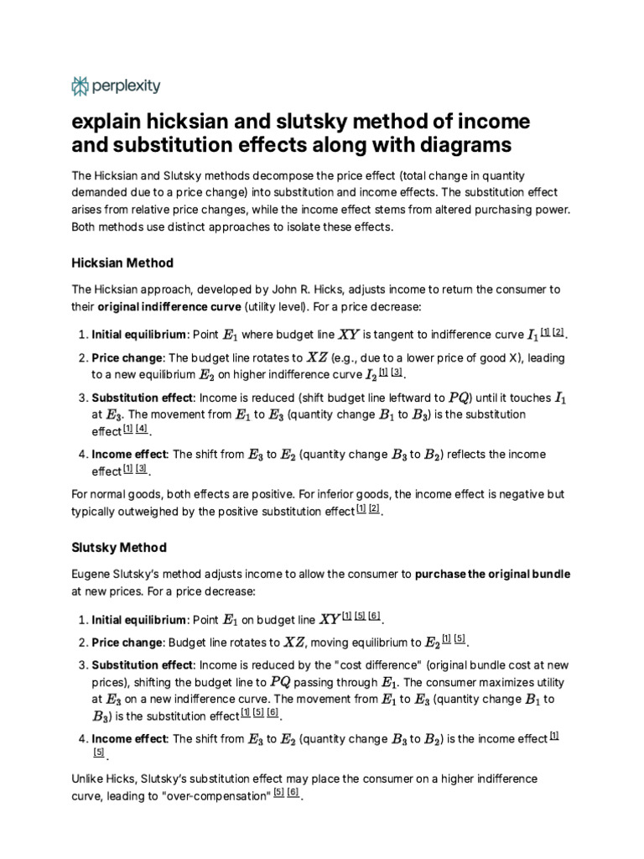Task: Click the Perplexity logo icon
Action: tap(80, 86)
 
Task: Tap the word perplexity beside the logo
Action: tap(125, 86)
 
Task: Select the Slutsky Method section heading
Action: tap(119, 547)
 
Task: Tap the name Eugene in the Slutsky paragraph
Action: tap(94, 575)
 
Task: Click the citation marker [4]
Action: tap(142, 429)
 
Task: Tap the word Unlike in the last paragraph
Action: tap(90, 778)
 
